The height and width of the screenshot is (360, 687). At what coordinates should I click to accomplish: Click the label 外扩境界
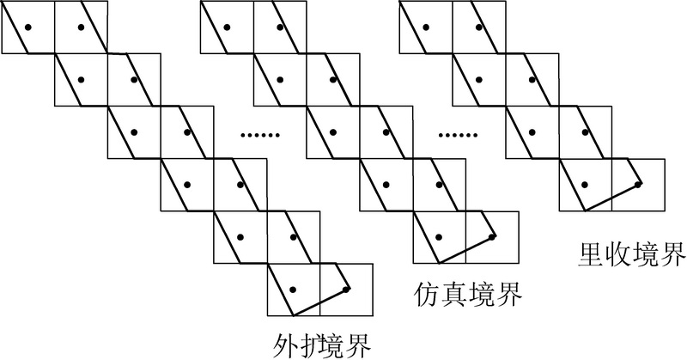(322, 346)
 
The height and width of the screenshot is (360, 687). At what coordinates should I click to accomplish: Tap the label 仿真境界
(467, 294)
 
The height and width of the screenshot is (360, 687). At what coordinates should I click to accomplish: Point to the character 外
(285, 346)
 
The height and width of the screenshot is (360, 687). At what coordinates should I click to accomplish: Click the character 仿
(427, 294)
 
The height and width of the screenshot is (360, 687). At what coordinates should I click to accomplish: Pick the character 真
(454, 294)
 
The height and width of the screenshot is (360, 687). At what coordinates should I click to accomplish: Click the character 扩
(310, 346)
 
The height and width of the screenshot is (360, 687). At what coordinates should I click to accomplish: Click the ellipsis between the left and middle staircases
(260, 135)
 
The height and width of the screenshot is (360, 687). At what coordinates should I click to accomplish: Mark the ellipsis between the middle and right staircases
(459, 135)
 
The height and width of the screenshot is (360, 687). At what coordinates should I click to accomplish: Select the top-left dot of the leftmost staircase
(28, 27)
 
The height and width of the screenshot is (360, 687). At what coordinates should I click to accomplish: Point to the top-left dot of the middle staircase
(227, 27)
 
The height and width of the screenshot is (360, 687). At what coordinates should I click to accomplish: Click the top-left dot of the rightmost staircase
(425, 27)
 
